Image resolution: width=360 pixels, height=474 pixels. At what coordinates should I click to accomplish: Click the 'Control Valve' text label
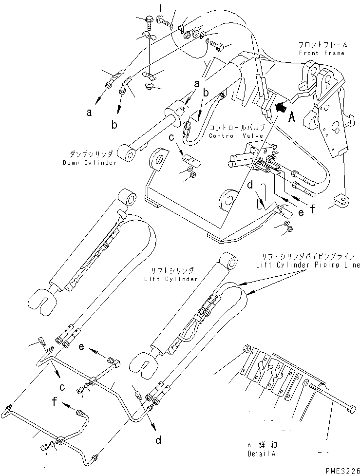(236, 136)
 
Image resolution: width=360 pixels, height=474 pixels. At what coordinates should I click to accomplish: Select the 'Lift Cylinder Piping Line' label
(307, 265)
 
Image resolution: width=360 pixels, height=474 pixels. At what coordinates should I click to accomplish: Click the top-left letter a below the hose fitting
(89, 113)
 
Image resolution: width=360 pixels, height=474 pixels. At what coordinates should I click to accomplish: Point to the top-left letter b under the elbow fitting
(114, 125)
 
